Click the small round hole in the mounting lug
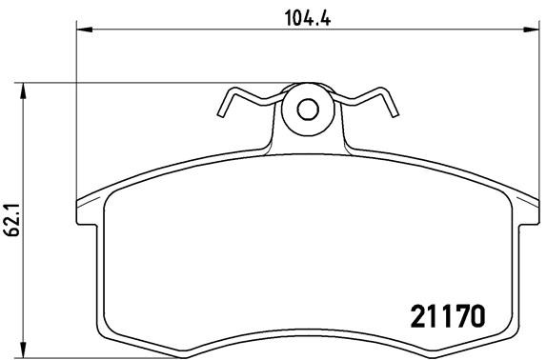coord(306,108)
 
